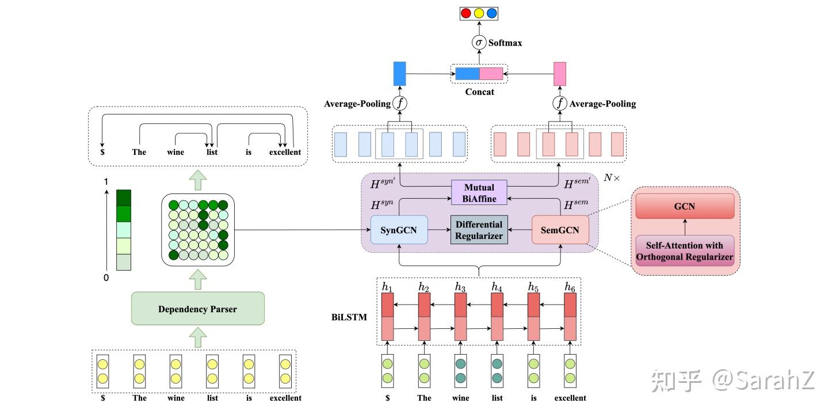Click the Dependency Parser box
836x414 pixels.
[197, 309]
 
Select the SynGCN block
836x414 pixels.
[399, 230]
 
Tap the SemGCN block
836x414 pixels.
[560, 230]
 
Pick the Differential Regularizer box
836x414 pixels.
[479, 230]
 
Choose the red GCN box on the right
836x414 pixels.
[684, 206]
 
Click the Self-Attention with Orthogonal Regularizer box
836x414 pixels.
[684, 251]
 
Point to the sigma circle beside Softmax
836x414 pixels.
[479, 43]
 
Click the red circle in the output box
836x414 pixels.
[466, 13]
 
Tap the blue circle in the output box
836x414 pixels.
[491, 13]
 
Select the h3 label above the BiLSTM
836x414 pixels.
[460, 286]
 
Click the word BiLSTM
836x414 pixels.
[349, 317]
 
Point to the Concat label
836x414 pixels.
[479, 92]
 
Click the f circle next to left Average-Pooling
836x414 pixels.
[399, 104]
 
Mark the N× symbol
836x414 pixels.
[612, 178]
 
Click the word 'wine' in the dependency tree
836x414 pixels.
[175, 152]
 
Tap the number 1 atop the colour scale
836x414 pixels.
[105, 181]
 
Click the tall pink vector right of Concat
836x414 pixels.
[560, 74]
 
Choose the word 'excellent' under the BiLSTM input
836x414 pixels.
[570, 398]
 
